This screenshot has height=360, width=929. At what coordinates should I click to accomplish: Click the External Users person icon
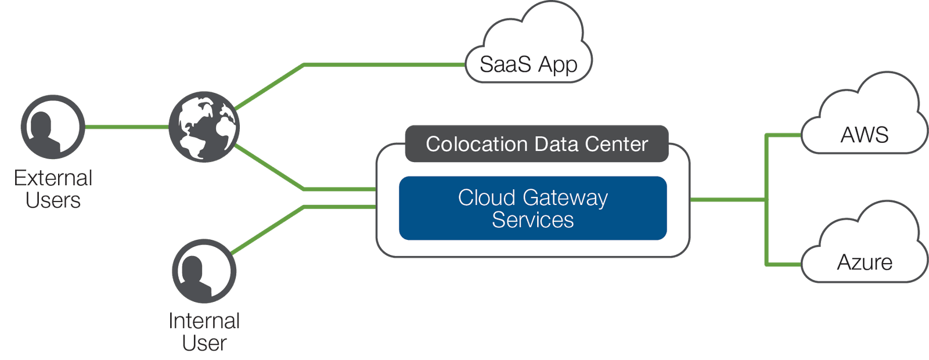[x=53, y=127]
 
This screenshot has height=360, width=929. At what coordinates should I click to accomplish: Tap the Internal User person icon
[x=204, y=271]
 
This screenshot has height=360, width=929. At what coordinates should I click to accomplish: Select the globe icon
[x=204, y=127]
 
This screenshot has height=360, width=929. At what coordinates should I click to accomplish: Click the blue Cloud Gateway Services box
[x=532, y=208]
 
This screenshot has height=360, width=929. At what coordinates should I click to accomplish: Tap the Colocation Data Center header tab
[x=536, y=143]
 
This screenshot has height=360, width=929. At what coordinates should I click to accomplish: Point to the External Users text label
[x=53, y=189]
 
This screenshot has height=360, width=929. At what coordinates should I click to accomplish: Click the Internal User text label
[x=204, y=332]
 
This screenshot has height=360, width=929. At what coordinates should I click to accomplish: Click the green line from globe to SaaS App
[x=383, y=65]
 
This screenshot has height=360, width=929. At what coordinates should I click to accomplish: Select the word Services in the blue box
[x=532, y=220]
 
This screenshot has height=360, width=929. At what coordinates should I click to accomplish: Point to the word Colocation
[x=476, y=144]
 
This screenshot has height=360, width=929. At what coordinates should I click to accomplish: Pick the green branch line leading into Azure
[x=784, y=264]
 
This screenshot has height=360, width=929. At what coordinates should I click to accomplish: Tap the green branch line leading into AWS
[x=784, y=136]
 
